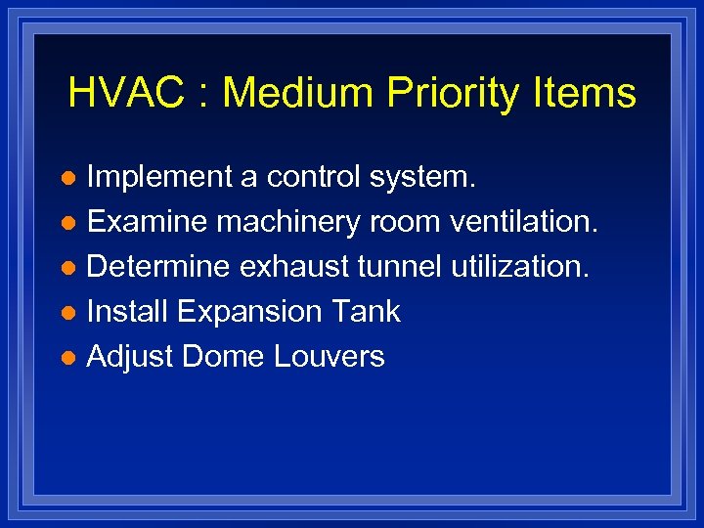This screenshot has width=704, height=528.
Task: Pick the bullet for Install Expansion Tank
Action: [67, 313]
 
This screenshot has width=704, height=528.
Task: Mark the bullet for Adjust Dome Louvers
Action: [67, 358]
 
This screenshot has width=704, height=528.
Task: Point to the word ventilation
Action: [523, 223]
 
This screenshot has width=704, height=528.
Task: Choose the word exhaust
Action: [307, 267]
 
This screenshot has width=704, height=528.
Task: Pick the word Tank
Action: [366, 312]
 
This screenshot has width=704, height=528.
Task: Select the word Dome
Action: [224, 356]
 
